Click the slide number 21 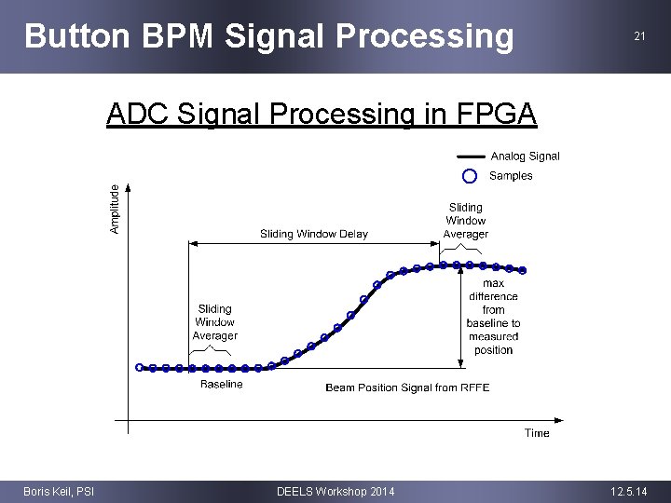click(639, 36)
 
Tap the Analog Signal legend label click(525, 156)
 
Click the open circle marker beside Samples click(470, 176)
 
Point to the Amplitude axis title click(115, 209)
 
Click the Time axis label click(537, 432)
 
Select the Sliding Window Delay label click(314, 234)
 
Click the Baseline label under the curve click(221, 384)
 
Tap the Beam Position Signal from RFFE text click(407, 387)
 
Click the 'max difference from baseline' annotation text click(493, 317)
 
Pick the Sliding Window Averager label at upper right click(465, 221)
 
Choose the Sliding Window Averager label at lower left click(214, 322)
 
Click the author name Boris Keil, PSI click(58, 491)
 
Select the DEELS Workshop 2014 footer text click(335, 491)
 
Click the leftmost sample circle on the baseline click(140, 367)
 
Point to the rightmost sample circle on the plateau click(523, 270)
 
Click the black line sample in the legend click(471, 156)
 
